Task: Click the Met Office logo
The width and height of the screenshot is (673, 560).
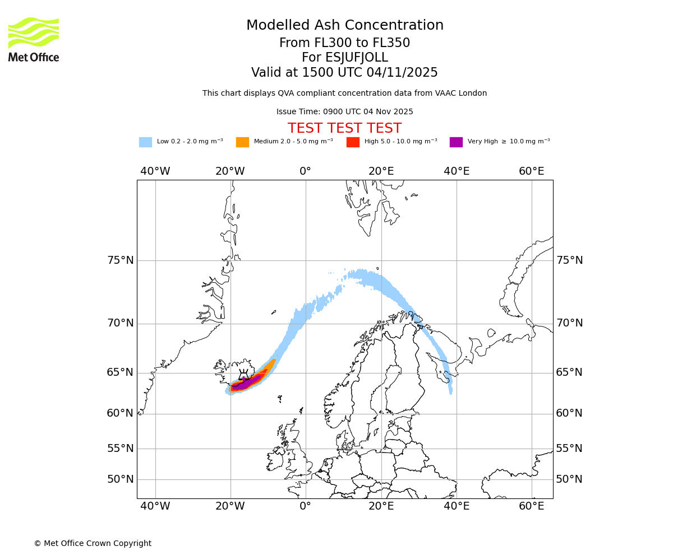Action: click(34, 39)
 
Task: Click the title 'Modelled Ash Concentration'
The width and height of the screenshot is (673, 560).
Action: click(345, 25)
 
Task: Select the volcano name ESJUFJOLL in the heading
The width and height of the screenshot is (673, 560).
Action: click(345, 58)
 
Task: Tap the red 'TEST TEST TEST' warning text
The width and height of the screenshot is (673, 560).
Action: click(345, 128)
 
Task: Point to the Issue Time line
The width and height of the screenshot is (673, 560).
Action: click(345, 111)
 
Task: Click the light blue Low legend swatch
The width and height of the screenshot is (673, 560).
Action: click(145, 142)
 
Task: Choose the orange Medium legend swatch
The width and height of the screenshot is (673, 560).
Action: click(242, 142)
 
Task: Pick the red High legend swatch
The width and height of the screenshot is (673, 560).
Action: click(353, 142)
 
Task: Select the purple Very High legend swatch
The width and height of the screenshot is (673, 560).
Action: click(456, 142)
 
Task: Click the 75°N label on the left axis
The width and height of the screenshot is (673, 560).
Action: click(121, 260)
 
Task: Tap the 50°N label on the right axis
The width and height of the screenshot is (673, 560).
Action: click(569, 479)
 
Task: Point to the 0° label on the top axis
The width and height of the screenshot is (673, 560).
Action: click(305, 171)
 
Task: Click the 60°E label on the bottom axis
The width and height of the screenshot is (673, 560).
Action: click(531, 506)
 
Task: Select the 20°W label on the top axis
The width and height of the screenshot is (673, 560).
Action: click(230, 171)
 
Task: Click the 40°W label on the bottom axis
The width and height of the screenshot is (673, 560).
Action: click(155, 506)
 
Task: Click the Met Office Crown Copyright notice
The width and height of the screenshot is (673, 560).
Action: click(93, 543)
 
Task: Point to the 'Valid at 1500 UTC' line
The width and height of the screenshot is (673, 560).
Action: click(345, 73)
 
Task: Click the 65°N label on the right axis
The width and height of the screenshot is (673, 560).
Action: click(569, 372)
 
